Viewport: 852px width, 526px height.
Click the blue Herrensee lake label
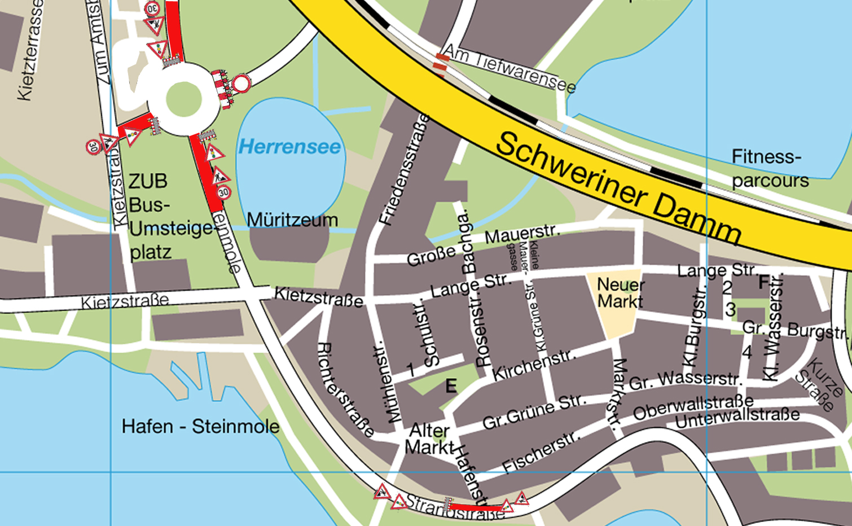point(289,147)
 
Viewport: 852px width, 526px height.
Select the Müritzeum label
point(292,220)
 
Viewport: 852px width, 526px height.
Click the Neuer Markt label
point(620,293)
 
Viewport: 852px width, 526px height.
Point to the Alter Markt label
point(429,439)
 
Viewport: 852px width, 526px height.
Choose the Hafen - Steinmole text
point(200,426)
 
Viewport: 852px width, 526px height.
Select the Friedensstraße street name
point(404,170)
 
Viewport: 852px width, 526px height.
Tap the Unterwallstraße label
point(737,418)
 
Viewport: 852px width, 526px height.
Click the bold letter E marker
point(451,386)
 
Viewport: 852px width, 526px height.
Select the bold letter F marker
point(763,282)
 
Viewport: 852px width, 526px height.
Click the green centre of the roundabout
point(183,99)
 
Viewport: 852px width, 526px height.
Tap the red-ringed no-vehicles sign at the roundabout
point(241,84)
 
